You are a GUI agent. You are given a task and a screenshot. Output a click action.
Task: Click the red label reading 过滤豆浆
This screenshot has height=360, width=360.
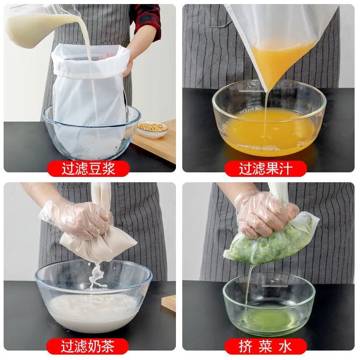[89, 169]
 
